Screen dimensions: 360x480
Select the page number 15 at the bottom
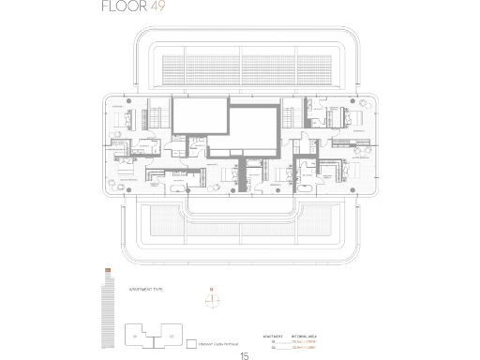[245, 355]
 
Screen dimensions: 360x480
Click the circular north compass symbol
[212, 300]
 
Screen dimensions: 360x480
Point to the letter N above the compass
[212, 289]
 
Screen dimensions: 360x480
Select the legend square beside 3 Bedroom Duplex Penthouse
[190, 343]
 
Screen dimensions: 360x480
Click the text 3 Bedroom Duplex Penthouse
[217, 343]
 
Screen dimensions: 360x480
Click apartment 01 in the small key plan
[135, 336]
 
